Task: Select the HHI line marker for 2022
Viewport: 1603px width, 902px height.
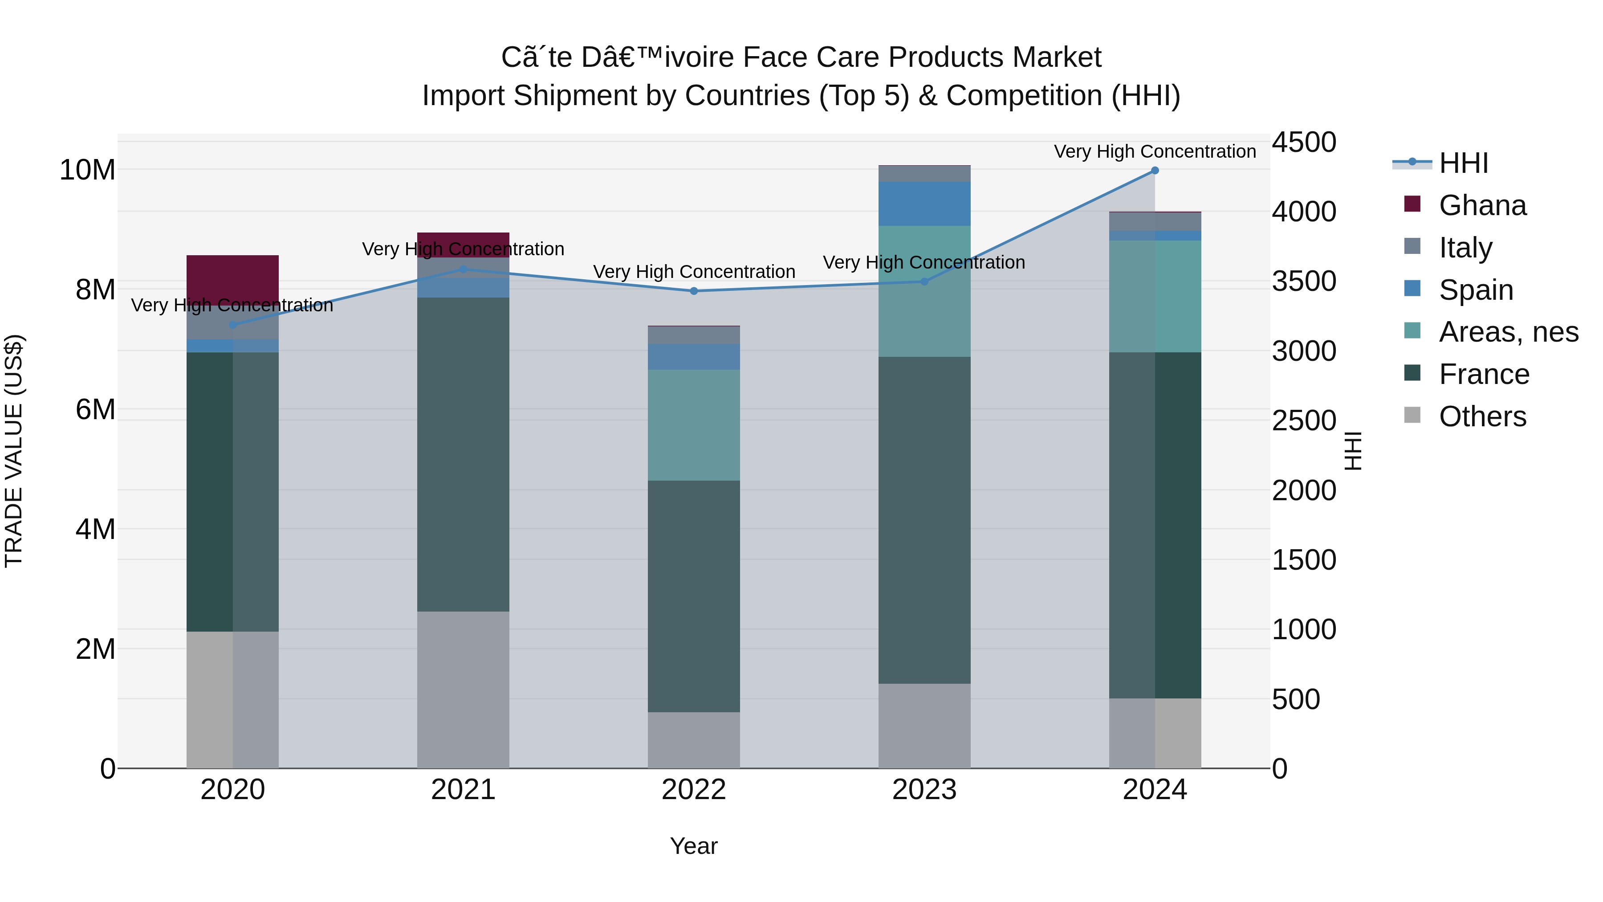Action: click(694, 291)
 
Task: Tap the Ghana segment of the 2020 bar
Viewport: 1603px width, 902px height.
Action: click(233, 278)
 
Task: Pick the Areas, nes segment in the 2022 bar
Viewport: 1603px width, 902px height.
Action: click(694, 425)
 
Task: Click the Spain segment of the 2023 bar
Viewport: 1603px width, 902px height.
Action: click(924, 204)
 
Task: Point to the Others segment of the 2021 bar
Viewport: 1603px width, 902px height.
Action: click(463, 690)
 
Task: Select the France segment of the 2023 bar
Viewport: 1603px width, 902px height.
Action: click(924, 520)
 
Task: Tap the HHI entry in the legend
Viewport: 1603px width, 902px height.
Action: click(1463, 163)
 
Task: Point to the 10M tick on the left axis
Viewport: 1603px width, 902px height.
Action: click(87, 170)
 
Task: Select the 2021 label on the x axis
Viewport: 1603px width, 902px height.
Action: click(463, 790)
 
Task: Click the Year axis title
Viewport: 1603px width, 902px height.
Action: click(693, 846)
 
